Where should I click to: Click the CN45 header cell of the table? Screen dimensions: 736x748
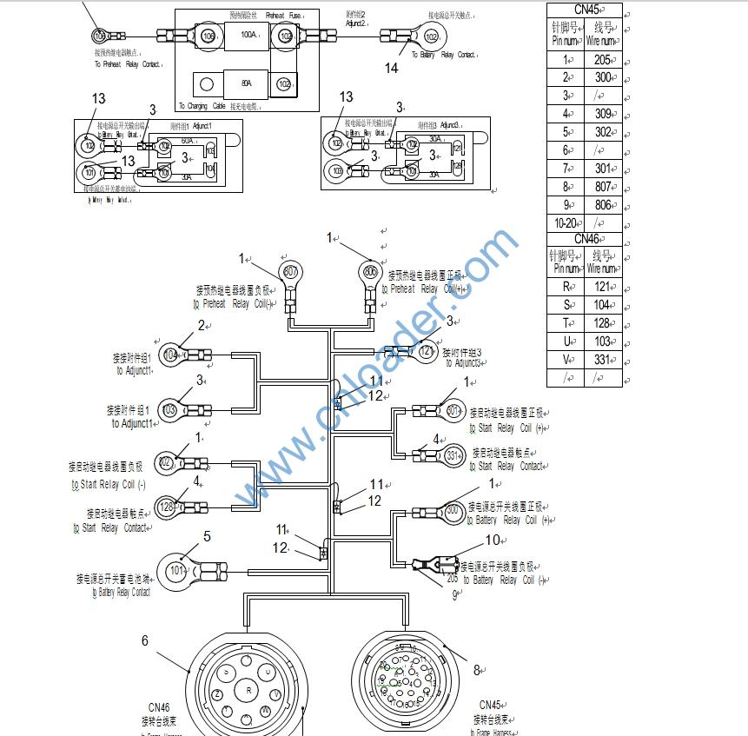coord(585,10)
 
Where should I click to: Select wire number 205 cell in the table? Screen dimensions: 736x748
coord(603,61)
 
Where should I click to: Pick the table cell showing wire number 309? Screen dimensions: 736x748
coord(603,114)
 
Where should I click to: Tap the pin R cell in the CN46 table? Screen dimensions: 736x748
coord(566,286)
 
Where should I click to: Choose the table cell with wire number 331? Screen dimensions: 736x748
coord(603,360)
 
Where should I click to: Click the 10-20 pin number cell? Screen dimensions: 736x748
coord(565,223)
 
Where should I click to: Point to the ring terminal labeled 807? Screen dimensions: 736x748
coord(290,273)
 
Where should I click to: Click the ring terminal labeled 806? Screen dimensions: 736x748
coord(371,272)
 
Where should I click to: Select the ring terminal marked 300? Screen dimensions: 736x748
coord(453,511)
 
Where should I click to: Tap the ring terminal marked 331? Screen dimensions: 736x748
coord(453,455)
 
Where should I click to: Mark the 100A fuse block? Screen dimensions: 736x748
coord(248,36)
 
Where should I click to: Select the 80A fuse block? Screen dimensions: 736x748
coord(247,84)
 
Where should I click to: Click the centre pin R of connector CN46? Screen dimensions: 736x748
coord(248,690)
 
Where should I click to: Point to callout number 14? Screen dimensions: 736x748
coord(392,68)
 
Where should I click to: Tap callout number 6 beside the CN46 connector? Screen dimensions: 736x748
coord(145,640)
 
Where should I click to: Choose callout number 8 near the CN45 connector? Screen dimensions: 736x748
coord(476,670)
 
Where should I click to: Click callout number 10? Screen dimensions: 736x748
coord(493,540)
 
